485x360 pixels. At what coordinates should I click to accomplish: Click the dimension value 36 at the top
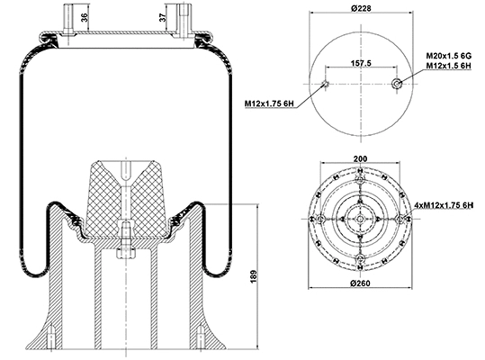pos(85,17)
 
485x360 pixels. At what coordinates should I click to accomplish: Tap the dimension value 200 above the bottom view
pos(361,158)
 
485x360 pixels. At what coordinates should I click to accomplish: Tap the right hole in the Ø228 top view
pos(397,84)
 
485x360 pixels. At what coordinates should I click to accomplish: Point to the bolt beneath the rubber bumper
pos(125,243)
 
